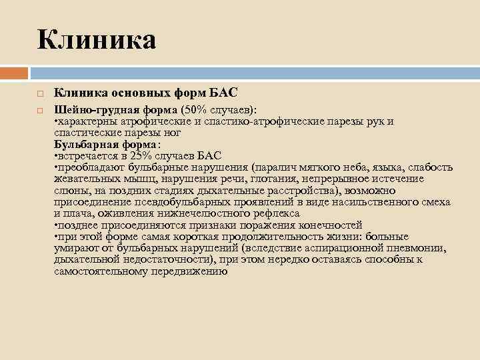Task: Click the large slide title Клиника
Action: [97, 39]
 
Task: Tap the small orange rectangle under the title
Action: [14, 72]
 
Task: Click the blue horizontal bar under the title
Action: [254, 72]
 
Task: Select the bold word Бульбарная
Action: [84, 144]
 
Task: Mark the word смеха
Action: [436, 201]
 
